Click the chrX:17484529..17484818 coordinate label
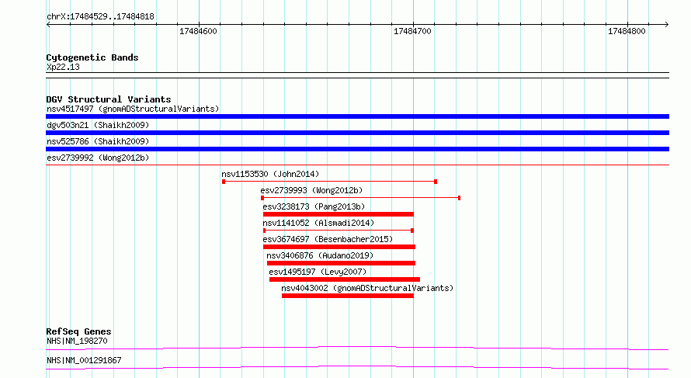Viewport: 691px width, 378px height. click(100, 17)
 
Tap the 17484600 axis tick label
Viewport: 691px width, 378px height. click(198, 31)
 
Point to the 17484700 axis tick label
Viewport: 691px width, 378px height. click(412, 31)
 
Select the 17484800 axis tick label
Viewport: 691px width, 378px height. click(627, 31)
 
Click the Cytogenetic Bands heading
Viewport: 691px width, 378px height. click(92, 57)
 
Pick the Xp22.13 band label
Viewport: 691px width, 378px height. click(63, 67)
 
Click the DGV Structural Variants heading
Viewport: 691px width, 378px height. click(109, 99)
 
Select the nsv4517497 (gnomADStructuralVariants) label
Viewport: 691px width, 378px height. click(133, 109)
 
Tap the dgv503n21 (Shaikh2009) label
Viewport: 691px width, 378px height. click(98, 125)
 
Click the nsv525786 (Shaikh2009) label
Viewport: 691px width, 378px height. click(98, 141)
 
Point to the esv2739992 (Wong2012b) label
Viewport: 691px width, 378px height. click(98, 158)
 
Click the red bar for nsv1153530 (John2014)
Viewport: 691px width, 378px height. click(330, 182)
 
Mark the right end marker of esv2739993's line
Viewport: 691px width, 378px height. click(459, 198)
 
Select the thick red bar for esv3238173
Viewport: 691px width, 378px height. click(339, 214)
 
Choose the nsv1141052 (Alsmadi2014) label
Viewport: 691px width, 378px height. click(318, 223)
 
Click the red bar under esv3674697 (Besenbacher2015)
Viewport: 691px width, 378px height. click(339, 247)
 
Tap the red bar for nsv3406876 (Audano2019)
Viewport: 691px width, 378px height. click(341, 263)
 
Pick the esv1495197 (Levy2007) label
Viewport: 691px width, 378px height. click(318, 272)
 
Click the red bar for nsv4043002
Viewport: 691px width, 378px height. click(348, 296)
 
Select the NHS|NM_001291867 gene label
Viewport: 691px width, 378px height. click(84, 360)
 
